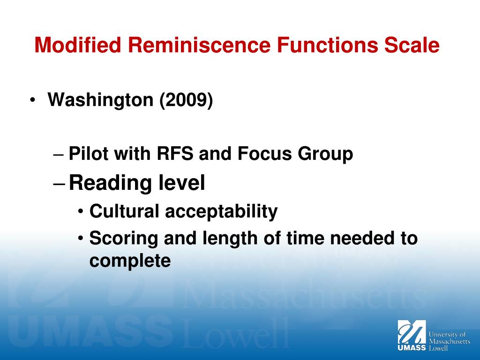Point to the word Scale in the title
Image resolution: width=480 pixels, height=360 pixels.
tap(412, 46)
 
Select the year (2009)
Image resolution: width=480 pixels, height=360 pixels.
tap(186, 100)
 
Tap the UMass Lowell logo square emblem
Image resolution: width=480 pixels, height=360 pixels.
tap(412, 332)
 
